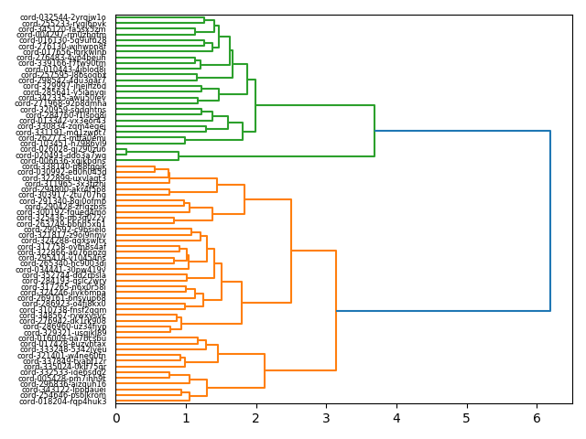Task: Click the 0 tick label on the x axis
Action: [x=115, y=419]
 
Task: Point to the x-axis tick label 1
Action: [x=186, y=419]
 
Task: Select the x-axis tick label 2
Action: [x=256, y=419]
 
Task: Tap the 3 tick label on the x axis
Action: [x=326, y=419]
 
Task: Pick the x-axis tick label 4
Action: [x=396, y=419]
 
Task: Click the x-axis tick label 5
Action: [x=466, y=419]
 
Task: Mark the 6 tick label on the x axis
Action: [x=537, y=419]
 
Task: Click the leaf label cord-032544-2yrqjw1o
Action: [x=63, y=17]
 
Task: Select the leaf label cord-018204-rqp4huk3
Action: [x=63, y=402]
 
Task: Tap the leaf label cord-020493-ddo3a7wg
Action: [x=63, y=155]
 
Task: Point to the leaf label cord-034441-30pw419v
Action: [x=63, y=270]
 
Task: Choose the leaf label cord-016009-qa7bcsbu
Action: [x=63, y=338]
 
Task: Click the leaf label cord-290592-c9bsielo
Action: [x=63, y=230]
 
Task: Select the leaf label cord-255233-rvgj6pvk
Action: [x=63, y=24]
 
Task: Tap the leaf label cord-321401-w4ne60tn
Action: [x=63, y=356]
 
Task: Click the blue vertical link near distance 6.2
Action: [x=550, y=221]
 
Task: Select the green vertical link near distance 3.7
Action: [x=374, y=131]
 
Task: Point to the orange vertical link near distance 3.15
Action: [x=336, y=312]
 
